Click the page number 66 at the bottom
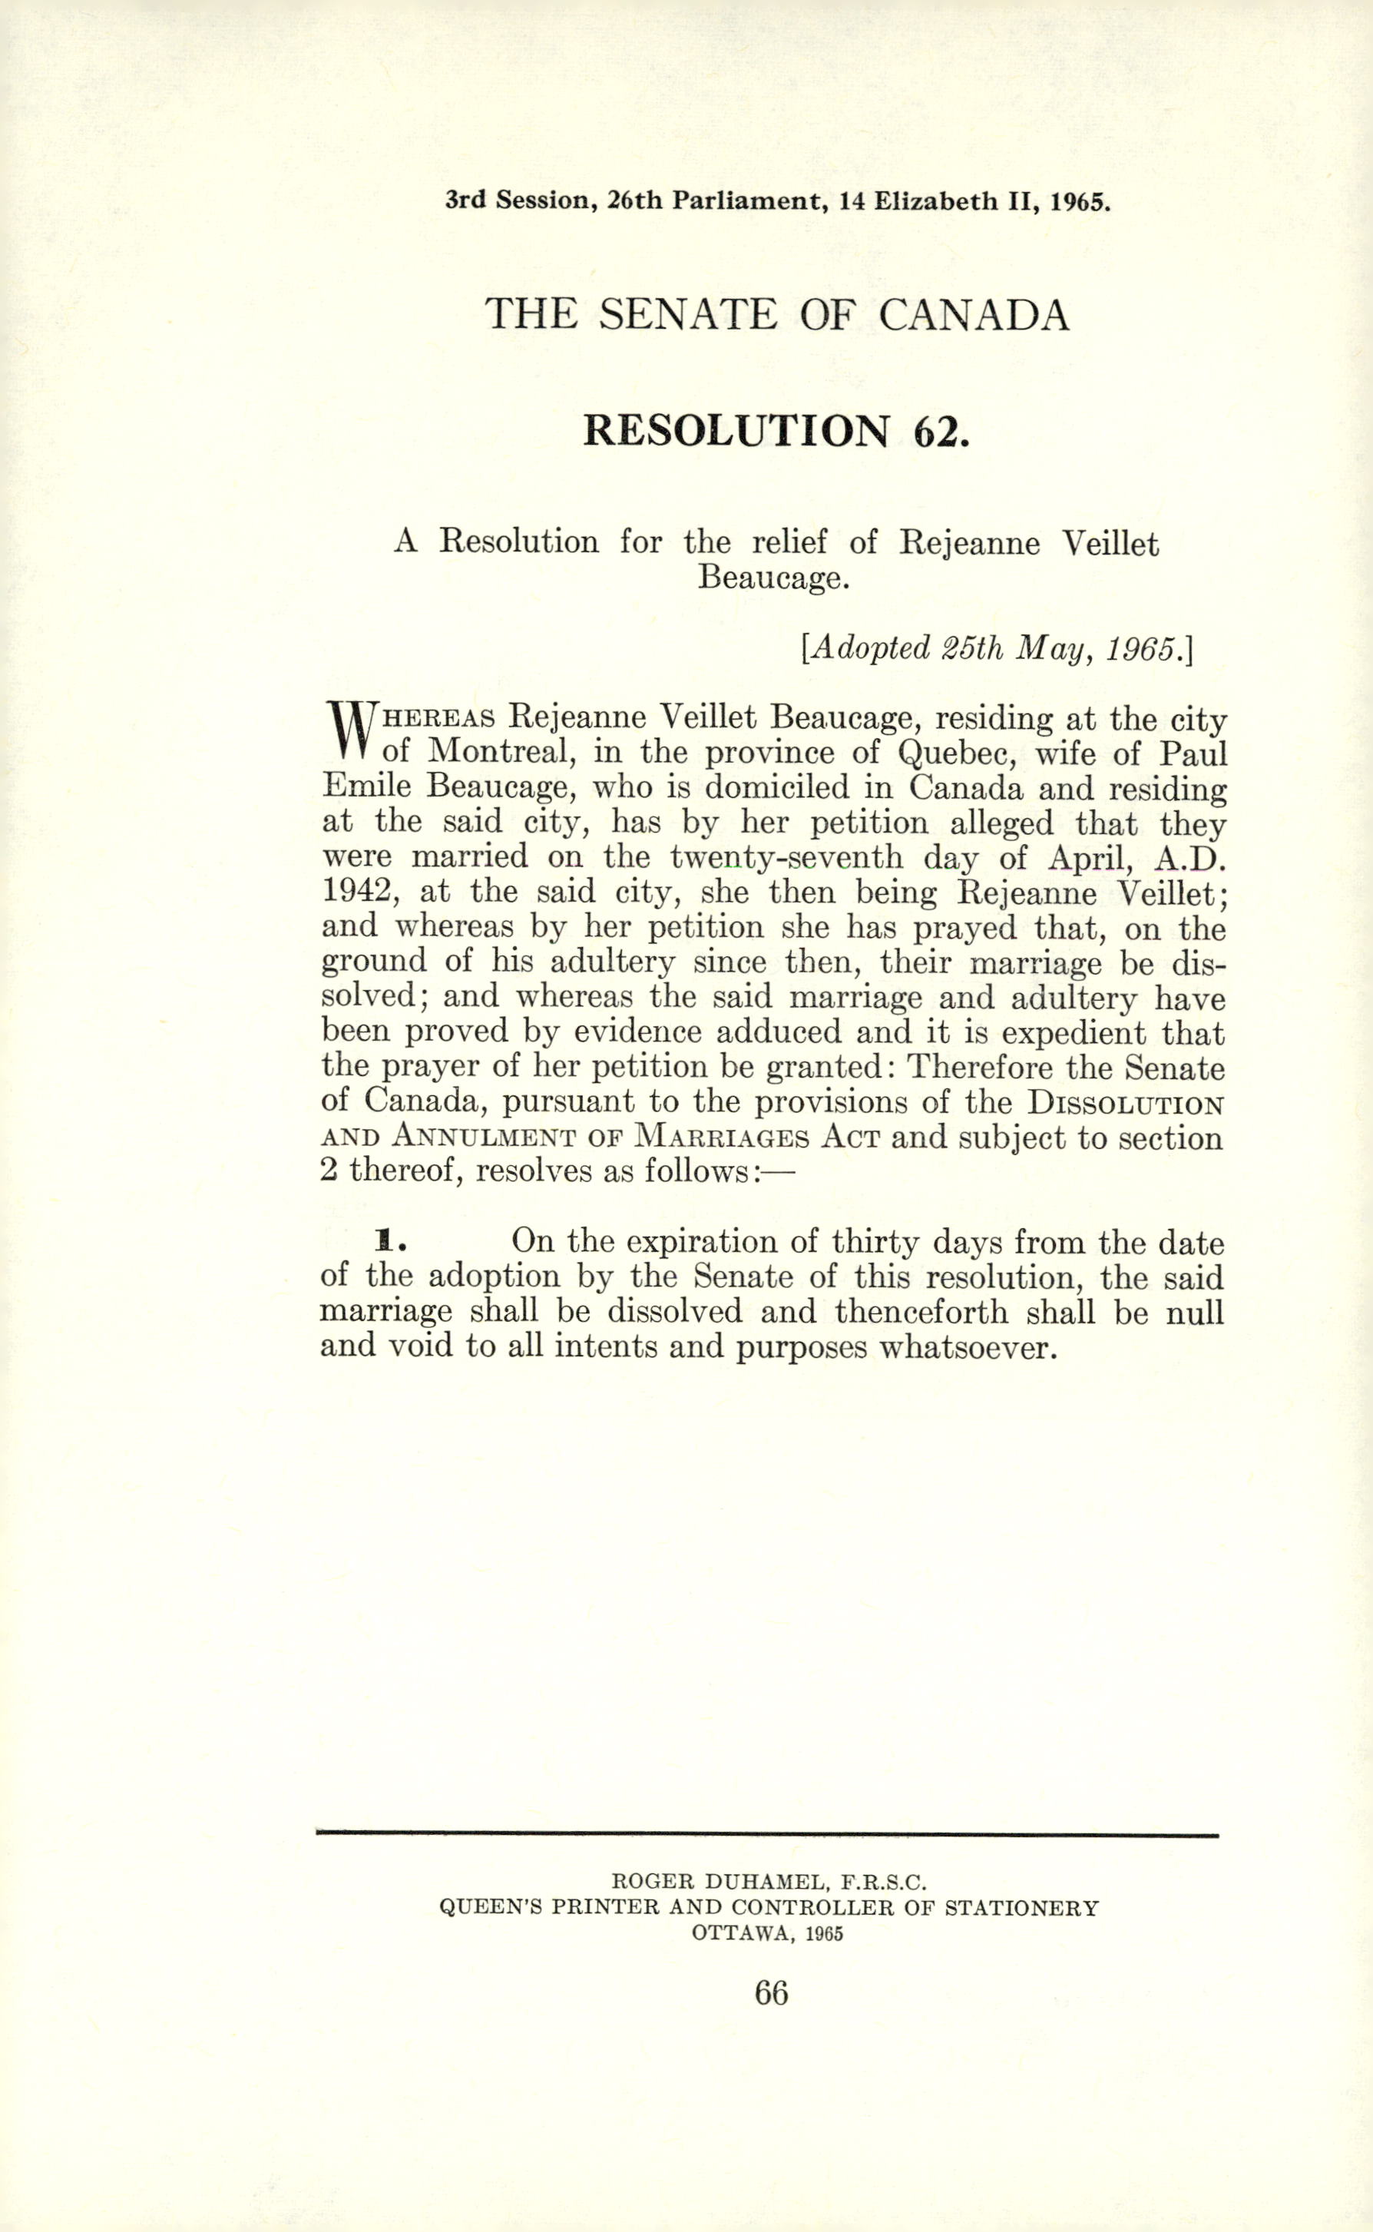[771, 1992]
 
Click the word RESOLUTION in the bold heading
[736, 430]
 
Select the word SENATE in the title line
[687, 315]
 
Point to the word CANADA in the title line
[974, 315]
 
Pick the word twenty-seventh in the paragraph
[786, 856]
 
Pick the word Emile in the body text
[367, 786]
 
